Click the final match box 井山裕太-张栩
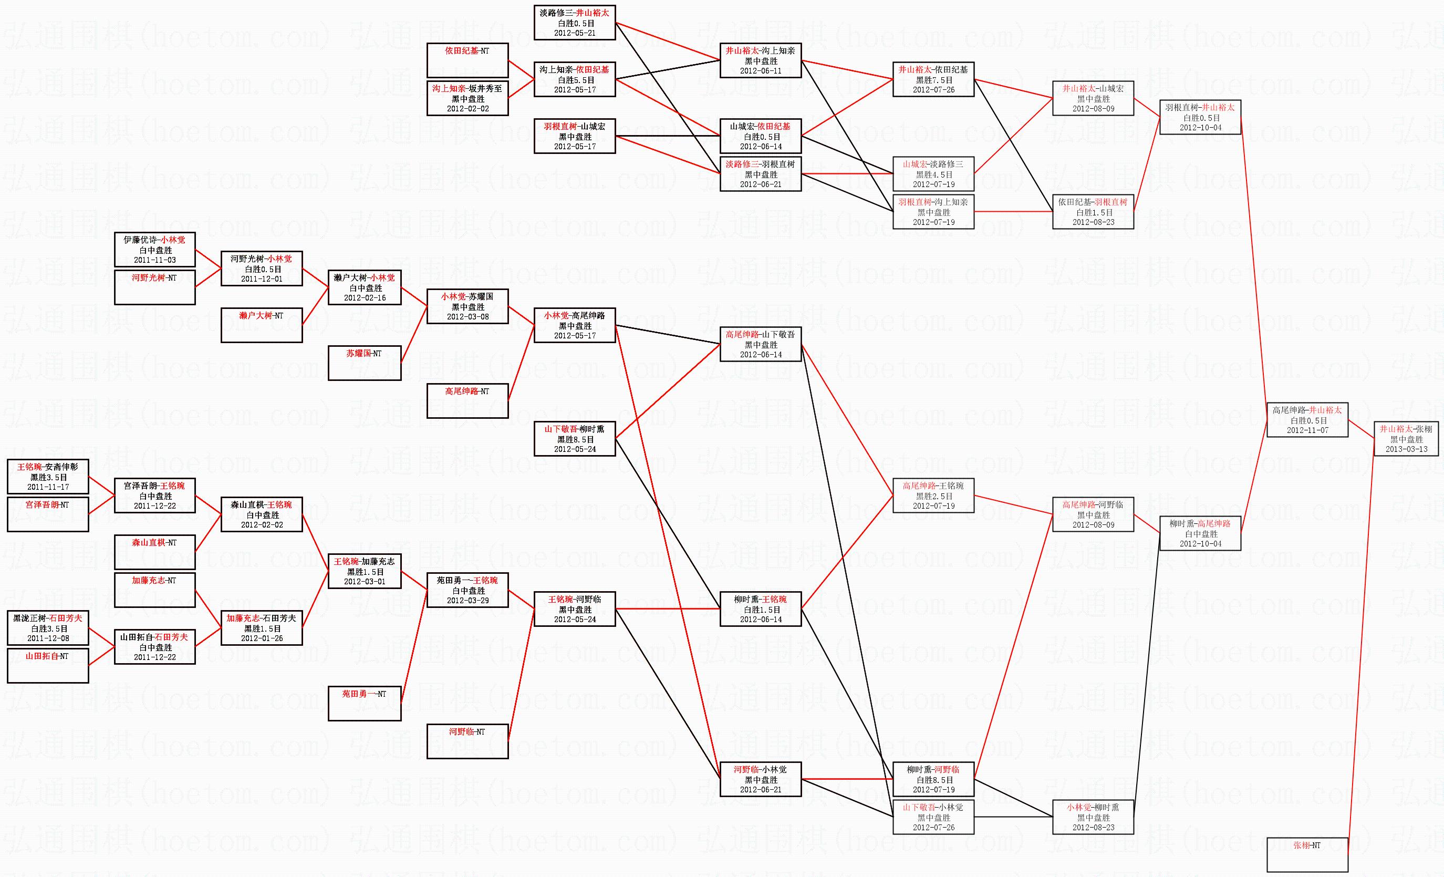tap(1405, 438)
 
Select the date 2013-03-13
tap(1406, 449)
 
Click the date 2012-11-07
tap(1307, 430)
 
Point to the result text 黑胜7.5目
tap(933, 80)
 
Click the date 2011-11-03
tap(155, 260)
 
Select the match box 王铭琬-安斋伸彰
tap(47, 477)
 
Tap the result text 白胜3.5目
tap(47, 628)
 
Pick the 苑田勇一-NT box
tap(364, 703)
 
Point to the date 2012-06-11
tap(760, 71)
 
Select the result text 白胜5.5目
tap(574, 80)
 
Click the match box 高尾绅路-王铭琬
tap(933, 496)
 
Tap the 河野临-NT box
tap(467, 741)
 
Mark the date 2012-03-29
tap(467, 600)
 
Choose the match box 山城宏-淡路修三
tap(933, 174)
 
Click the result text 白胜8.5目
tap(933, 780)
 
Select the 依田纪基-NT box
tap(467, 60)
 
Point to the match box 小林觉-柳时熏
tap(1093, 817)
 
